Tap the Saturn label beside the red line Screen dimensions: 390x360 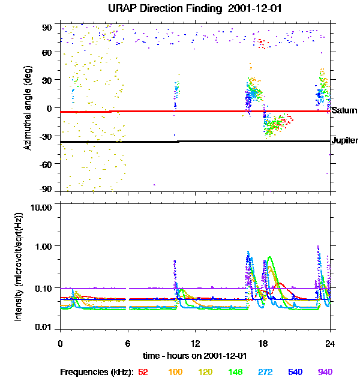344,110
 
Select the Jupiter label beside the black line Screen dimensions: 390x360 344,140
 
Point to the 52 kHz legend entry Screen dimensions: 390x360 143,372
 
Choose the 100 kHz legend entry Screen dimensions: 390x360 175,372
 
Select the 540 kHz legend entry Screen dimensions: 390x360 296,372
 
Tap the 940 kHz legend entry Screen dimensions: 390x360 324,372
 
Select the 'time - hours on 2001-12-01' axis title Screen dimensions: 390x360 195,355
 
